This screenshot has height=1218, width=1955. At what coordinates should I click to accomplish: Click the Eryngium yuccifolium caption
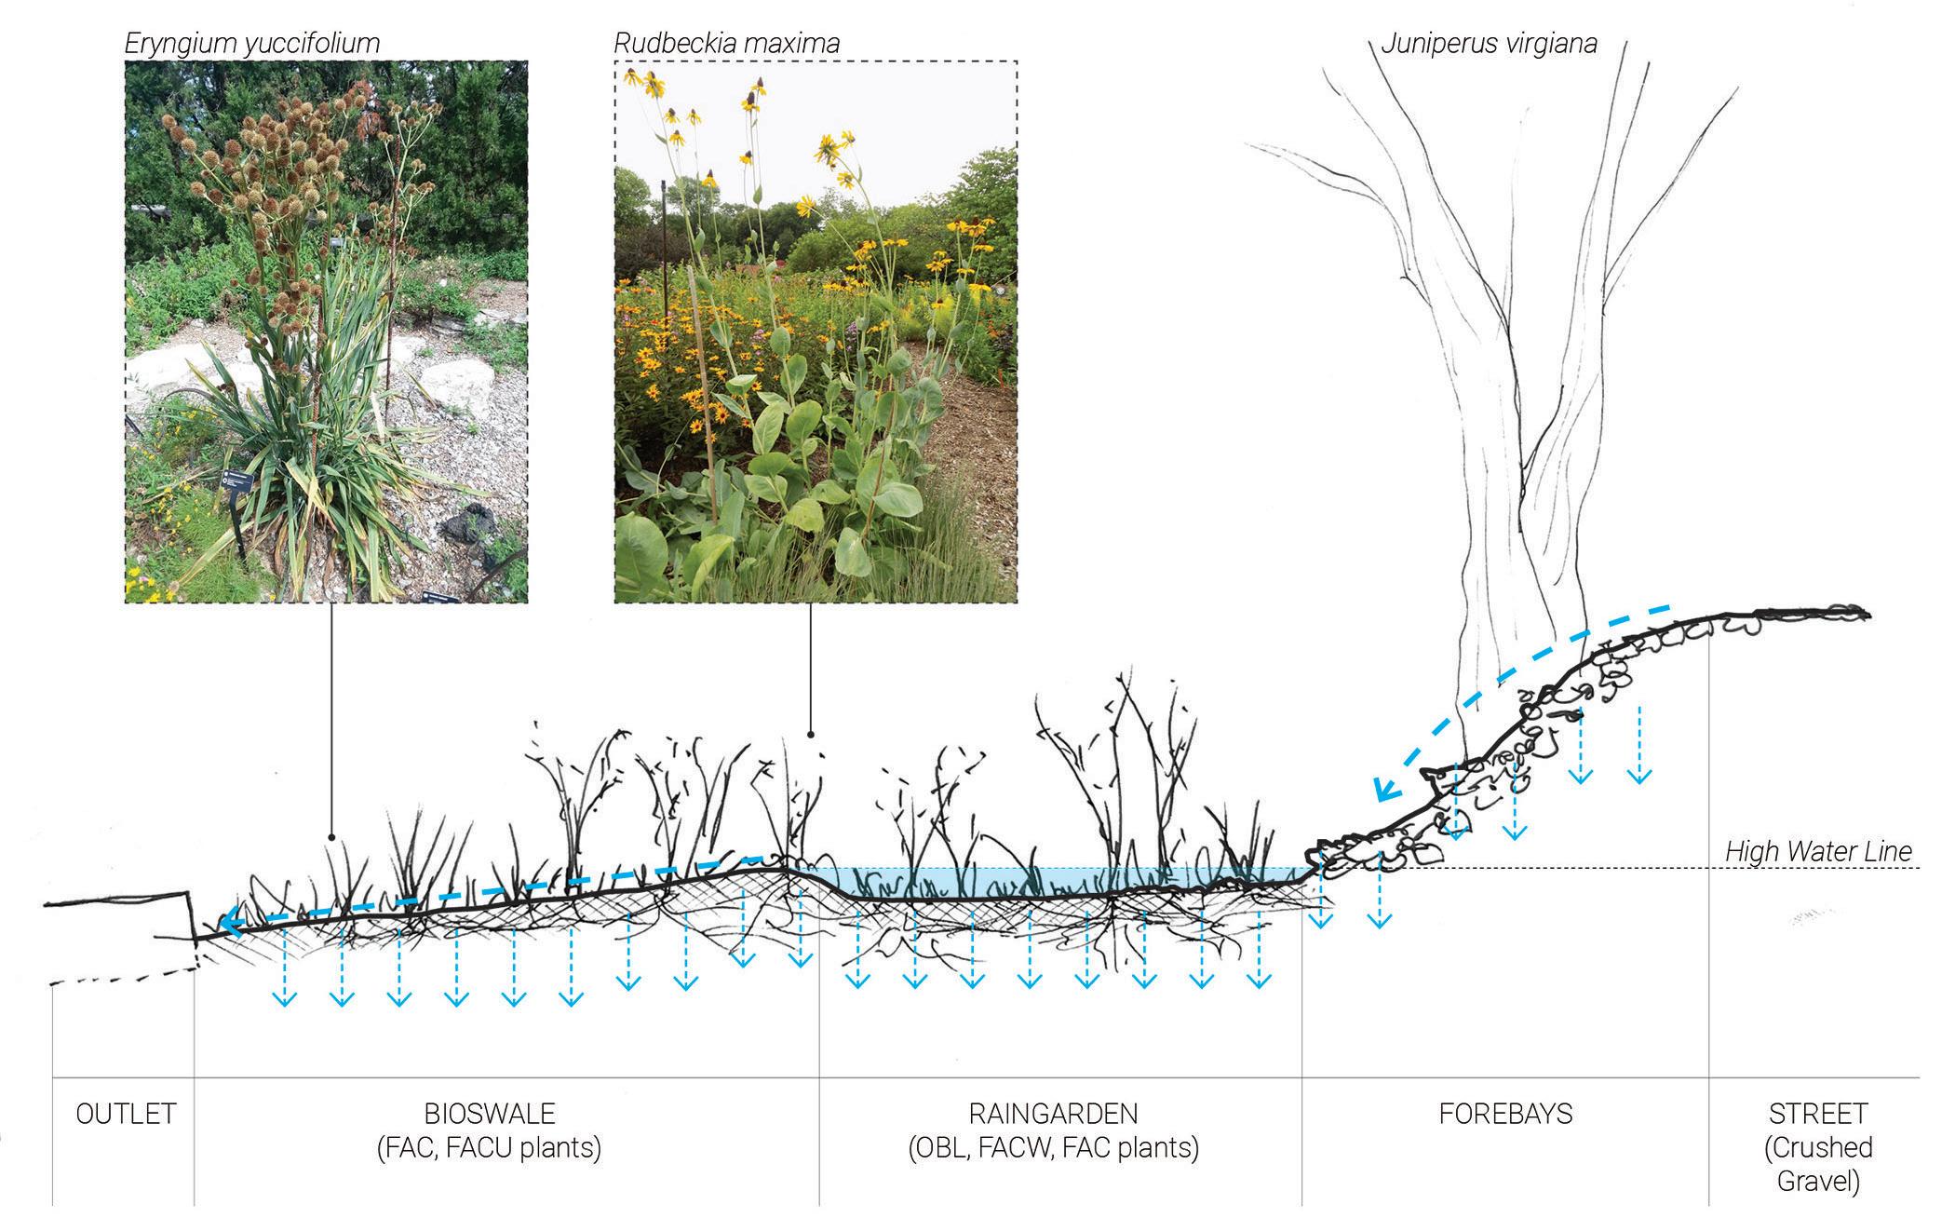point(252,43)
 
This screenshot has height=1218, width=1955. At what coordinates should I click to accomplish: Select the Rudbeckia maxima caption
point(726,43)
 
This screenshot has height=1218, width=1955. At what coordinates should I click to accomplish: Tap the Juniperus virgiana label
point(1489,44)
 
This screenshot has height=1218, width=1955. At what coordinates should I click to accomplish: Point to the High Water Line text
point(1818,851)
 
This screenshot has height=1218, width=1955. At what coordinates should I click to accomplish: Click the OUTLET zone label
point(126,1113)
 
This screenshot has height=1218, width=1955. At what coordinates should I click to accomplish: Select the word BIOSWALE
point(490,1113)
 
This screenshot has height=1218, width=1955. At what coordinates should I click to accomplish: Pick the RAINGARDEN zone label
point(1053,1113)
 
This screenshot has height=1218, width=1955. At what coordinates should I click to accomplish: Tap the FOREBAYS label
point(1505,1113)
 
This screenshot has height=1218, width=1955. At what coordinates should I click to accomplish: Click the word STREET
point(1818,1113)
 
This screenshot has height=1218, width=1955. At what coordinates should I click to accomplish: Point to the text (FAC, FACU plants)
point(490,1148)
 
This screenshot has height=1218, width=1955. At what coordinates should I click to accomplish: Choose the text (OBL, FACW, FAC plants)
point(1053,1148)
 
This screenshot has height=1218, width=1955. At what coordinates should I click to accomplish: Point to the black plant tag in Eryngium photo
point(232,482)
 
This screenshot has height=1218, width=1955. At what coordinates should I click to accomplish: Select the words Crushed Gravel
point(1818,1164)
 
